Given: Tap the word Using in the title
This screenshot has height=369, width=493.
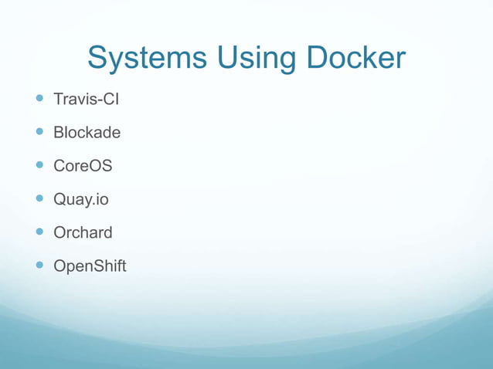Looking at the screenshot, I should pyautogui.click(x=246, y=59).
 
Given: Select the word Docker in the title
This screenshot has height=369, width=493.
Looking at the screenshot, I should pyautogui.click(x=355, y=59).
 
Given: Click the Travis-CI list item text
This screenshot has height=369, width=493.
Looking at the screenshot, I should pyautogui.click(x=86, y=100).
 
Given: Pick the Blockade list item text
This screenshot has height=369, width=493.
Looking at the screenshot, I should pyautogui.click(x=87, y=133).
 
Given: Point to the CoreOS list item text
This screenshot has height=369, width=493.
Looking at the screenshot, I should pyautogui.click(x=83, y=166).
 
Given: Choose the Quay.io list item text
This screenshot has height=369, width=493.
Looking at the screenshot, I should pyautogui.click(x=80, y=200).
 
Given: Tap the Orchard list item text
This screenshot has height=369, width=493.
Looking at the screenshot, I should pyautogui.click(x=83, y=233).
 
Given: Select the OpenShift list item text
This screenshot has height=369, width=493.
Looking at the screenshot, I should pyautogui.click(x=89, y=267).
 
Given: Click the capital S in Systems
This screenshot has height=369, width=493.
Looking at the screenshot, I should pyautogui.click(x=97, y=59).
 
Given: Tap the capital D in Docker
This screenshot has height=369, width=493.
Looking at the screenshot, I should pyautogui.click(x=318, y=59).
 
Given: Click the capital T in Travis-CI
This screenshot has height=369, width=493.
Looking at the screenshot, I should pyautogui.click(x=58, y=100).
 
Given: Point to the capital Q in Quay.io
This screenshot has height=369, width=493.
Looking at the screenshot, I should pyautogui.click(x=59, y=200).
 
